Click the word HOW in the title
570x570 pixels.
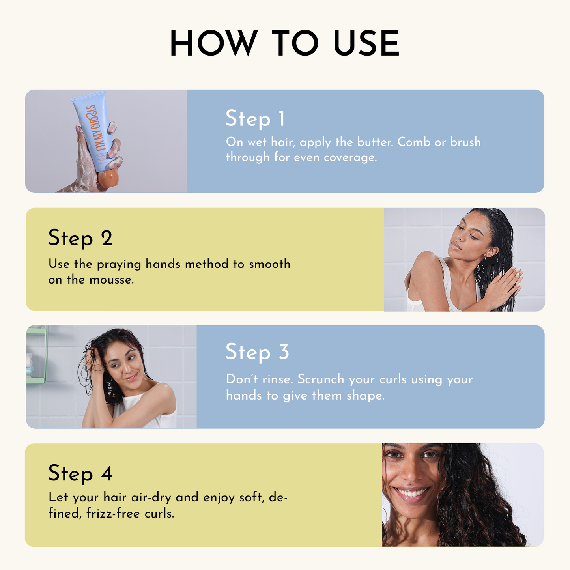click(x=213, y=43)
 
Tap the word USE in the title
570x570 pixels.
click(x=366, y=43)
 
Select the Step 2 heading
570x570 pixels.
click(x=80, y=238)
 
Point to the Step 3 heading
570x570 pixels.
click(x=257, y=352)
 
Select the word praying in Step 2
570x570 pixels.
click(x=119, y=264)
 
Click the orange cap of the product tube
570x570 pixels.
click(x=107, y=178)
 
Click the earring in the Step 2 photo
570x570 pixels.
click(x=486, y=256)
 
